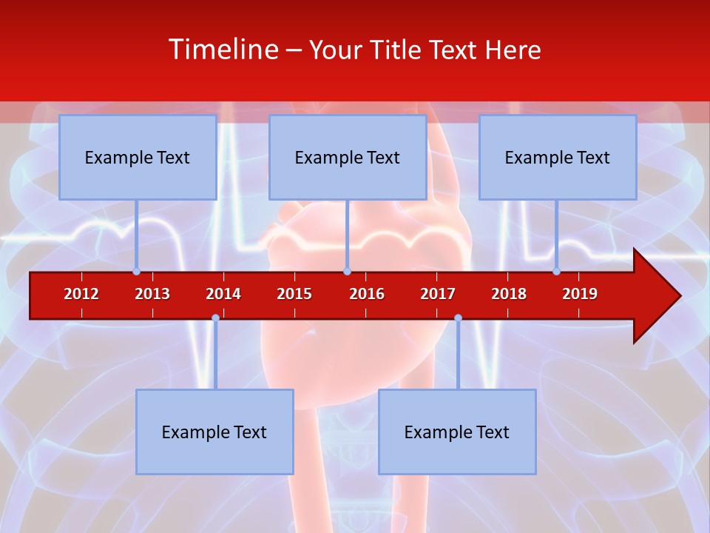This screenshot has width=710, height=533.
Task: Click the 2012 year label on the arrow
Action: pyautogui.click(x=81, y=294)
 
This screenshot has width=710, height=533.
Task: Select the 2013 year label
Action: pyautogui.click(x=152, y=294)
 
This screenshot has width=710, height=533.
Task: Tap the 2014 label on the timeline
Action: pyautogui.click(x=223, y=294)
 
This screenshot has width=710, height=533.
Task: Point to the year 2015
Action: pyautogui.click(x=294, y=294)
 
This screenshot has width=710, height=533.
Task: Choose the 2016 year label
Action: pyautogui.click(x=367, y=294)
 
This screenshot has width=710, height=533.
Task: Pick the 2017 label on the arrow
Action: pyautogui.click(x=438, y=294)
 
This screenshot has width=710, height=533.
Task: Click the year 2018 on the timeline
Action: pyautogui.click(x=509, y=294)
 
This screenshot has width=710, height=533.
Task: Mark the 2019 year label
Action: pyautogui.click(x=580, y=294)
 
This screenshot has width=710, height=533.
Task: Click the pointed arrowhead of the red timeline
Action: pyautogui.click(x=662, y=296)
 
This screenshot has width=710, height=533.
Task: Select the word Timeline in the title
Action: pyautogui.click(x=223, y=50)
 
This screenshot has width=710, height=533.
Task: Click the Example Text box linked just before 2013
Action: pyautogui.click(x=138, y=157)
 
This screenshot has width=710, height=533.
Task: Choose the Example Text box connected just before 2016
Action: pyautogui.click(x=348, y=157)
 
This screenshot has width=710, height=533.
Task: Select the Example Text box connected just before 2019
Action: pyautogui.click(x=558, y=157)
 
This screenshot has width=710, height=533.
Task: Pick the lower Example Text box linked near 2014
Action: pyautogui.click(x=214, y=432)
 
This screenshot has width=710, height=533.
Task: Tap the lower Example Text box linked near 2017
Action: pyautogui.click(x=457, y=432)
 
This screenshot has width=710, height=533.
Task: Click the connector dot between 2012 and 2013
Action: pyautogui.click(x=137, y=272)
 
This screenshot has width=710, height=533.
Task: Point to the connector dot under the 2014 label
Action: pyautogui.click(x=215, y=318)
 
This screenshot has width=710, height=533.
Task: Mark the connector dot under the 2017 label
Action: pyautogui.click(x=458, y=318)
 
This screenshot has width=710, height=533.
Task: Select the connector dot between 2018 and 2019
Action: pyautogui.click(x=557, y=272)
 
